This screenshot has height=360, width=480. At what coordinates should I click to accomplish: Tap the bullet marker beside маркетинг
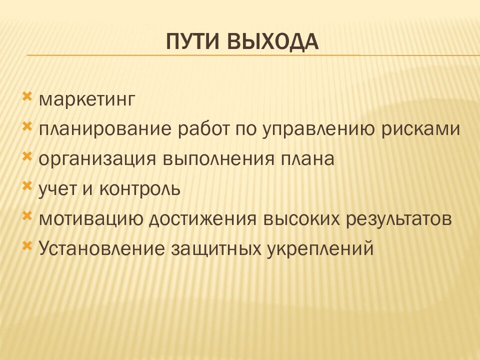tap(28, 95)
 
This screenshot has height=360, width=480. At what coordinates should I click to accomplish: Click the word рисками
tap(418, 129)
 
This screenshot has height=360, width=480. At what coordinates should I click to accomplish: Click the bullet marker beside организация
tap(28, 155)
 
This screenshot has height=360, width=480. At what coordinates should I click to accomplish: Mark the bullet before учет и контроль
tap(28, 185)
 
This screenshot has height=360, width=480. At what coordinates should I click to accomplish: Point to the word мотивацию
tap(92, 219)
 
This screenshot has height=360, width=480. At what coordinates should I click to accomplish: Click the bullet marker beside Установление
tap(28, 245)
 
